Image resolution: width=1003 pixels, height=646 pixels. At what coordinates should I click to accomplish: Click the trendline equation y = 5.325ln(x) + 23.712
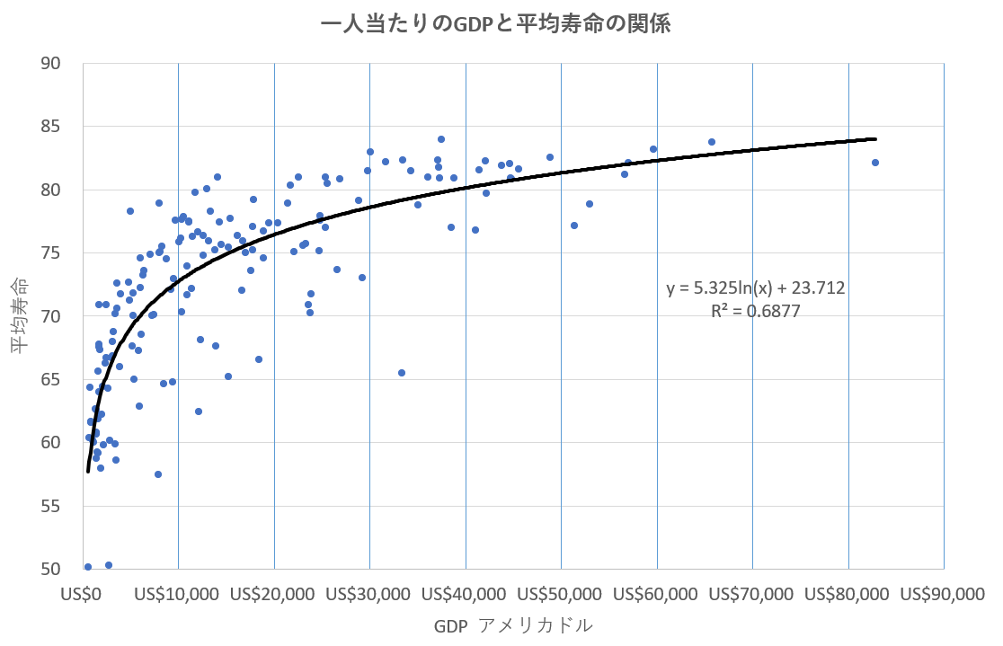point(755,288)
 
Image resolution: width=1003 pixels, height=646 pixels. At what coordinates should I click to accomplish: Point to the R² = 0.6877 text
point(755,311)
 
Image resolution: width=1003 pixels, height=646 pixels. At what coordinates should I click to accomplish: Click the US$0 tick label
point(83,594)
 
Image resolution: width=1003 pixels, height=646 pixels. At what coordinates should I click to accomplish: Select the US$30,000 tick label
point(369,594)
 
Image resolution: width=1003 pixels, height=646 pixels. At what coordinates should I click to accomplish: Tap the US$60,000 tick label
point(657,594)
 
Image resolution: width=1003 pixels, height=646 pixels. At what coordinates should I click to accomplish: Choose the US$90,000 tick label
point(944,594)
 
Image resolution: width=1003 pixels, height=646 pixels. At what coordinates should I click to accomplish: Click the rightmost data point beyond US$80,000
point(874,163)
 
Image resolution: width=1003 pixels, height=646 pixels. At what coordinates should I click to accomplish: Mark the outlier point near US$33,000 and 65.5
point(402,373)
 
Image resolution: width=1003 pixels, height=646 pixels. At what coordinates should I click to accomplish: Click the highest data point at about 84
point(441,139)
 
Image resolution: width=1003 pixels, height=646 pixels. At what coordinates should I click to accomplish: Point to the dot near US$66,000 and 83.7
point(712,142)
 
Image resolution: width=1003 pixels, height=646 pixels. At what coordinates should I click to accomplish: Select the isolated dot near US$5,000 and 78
point(130,211)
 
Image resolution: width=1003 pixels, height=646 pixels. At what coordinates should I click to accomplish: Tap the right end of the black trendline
point(874,139)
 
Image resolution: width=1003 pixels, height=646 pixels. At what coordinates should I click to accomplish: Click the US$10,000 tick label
point(178,594)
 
